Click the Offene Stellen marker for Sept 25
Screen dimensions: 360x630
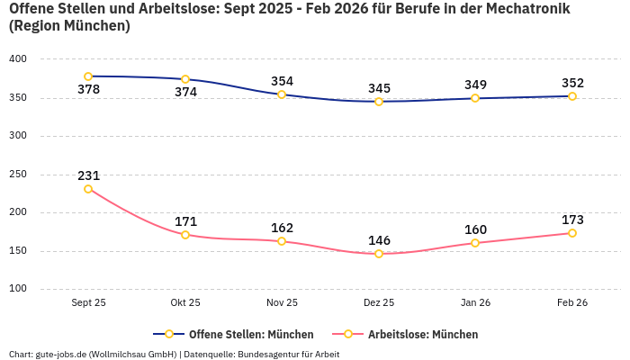88,76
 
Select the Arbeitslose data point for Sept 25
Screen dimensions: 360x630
88,189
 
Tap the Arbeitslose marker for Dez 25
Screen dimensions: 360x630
379,254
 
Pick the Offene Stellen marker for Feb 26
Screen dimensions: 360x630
572,96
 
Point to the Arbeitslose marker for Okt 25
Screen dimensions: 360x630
185,235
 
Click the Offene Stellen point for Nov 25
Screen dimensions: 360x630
282,94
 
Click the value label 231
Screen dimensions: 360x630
88,175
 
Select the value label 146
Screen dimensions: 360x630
379,240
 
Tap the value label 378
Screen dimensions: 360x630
88,90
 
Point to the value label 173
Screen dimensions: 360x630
572,220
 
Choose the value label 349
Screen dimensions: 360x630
475,85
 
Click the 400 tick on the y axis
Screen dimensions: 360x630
18,59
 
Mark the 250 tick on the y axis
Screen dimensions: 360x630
18,175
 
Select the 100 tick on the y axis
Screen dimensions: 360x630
18,289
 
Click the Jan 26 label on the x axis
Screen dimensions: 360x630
475,303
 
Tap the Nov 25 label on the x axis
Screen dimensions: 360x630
282,303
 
